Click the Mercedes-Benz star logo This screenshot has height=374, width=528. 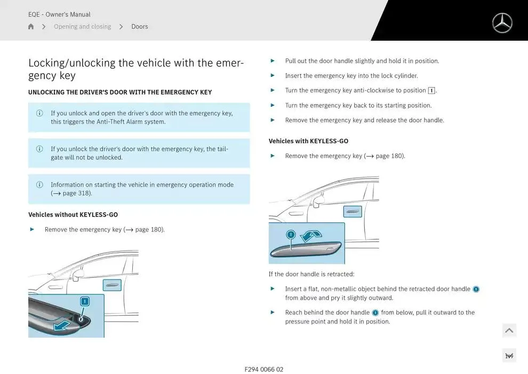tap(502, 23)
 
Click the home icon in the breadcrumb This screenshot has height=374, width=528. tap(31, 27)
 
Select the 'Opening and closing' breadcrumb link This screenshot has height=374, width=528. tap(82, 27)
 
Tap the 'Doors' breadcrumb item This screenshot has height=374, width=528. tap(140, 27)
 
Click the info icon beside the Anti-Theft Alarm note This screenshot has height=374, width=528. tap(39, 113)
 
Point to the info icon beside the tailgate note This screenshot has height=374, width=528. tap(39, 149)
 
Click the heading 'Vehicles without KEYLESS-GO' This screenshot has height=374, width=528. tap(73, 215)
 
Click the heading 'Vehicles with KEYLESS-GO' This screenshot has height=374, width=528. tap(308, 141)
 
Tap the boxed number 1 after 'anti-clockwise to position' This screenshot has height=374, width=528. tap(431, 91)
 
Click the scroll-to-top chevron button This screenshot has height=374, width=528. tap(509, 331)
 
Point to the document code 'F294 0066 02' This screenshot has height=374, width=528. tap(264, 369)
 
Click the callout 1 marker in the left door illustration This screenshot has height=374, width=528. tap(84, 302)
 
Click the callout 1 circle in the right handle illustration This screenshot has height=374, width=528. tap(291, 235)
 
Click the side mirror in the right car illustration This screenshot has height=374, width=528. tap(319, 201)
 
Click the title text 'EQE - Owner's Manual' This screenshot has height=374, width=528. tap(59, 14)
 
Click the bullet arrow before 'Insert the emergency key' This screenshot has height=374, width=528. tap(273, 76)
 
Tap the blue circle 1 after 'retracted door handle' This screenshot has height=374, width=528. tap(476, 289)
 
